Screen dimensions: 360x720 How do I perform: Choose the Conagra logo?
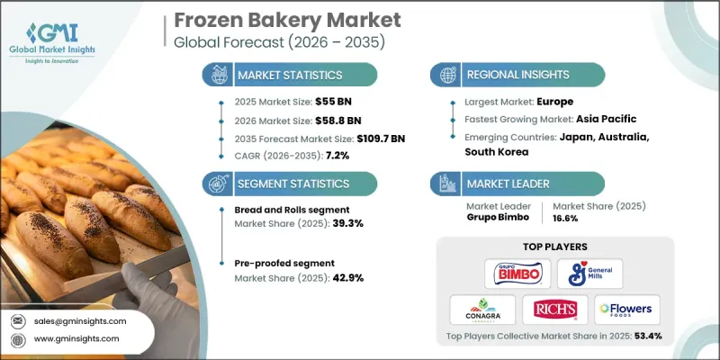483,310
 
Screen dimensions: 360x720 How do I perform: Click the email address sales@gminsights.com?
80,321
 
